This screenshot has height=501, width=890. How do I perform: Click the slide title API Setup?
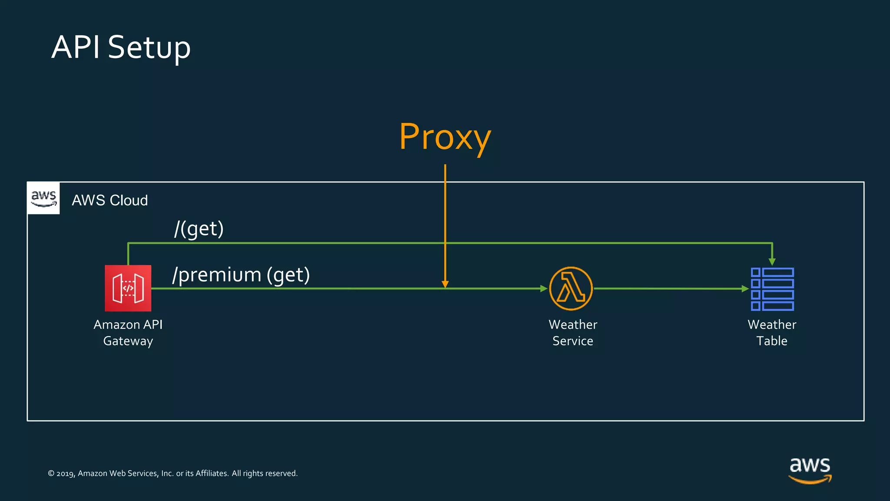click(x=121, y=47)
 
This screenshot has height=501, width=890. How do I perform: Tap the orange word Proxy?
click(x=445, y=137)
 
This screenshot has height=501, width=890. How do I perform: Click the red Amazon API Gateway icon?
click(x=128, y=288)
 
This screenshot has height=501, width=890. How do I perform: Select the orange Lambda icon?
click(x=571, y=288)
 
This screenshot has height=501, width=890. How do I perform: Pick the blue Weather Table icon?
click(x=772, y=289)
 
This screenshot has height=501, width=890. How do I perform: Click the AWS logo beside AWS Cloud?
click(x=43, y=198)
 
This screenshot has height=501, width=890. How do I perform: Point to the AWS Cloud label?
click(x=110, y=200)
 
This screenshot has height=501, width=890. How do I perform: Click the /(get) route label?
click(x=199, y=229)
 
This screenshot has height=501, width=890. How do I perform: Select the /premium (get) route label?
click(x=241, y=275)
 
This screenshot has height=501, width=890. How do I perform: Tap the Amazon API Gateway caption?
click(x=128, y=333)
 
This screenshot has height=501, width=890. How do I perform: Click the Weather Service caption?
click(x=573, y=333)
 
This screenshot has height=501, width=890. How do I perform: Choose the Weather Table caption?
click(x=772, y=333)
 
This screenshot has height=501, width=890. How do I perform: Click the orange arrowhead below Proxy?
click(x=445, y=284)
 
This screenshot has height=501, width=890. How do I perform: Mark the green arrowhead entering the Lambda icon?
click(x=544, y=288)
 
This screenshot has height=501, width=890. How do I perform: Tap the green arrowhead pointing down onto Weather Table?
click(x=772, y=261)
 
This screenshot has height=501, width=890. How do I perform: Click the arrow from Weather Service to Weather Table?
click(x=669, y=288)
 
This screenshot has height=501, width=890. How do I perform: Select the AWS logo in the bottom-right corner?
click(x=810, y=470)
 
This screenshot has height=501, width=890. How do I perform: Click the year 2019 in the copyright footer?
click(x=65, y=474)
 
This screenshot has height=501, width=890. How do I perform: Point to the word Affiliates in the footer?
click(x=212, y=473)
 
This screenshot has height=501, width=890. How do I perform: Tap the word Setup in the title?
click(x=149, y=47)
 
